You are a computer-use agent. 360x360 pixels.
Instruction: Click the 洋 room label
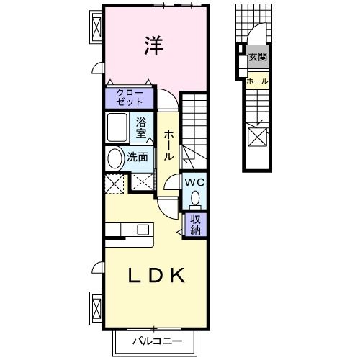(x=153, y=45)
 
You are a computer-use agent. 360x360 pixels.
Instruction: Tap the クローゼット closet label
(x=130, y=96)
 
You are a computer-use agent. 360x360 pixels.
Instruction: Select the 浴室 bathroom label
(x=142, y=127)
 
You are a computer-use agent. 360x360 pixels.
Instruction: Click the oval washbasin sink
(x=115, y=158)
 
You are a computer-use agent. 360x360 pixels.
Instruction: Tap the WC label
(x=194, y=183)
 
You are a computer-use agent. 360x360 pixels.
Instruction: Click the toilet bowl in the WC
(x=197, y=198)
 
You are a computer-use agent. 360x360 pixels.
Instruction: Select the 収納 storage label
(x=195, y=225)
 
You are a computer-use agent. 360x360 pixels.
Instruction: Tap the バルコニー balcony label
(x=157, y=341)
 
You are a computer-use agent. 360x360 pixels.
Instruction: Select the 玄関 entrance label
(x=256, y=57)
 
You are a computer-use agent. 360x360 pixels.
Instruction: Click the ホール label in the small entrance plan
(x=257, y=81)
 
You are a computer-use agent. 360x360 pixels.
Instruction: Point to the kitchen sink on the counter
(x=143, y=230)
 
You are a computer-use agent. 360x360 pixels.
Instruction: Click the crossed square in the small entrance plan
(x=257, y=135)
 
